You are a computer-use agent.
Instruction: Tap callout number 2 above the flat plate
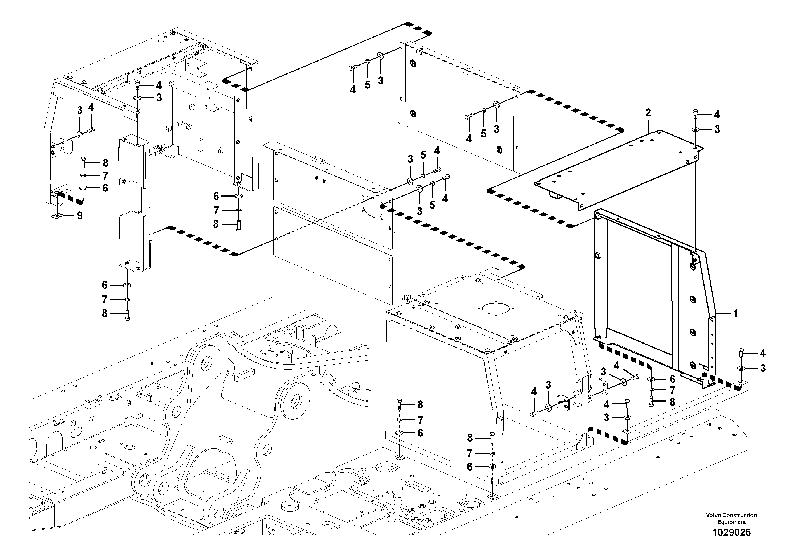[x=648, y=113]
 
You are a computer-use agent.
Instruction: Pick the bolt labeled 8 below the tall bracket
[x=127, y=314]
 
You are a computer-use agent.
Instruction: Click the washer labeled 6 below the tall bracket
[x=127, y=285]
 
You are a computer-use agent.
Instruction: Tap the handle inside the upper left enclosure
[x=184, y=124]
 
